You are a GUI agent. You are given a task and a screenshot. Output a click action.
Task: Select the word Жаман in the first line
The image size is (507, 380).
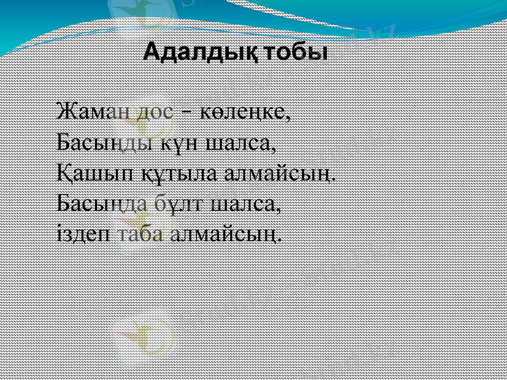point(93,112)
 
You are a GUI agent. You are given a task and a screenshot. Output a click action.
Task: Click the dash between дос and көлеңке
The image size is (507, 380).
point(188,114)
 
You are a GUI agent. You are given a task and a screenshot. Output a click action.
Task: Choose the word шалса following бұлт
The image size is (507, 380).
point(245,204)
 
